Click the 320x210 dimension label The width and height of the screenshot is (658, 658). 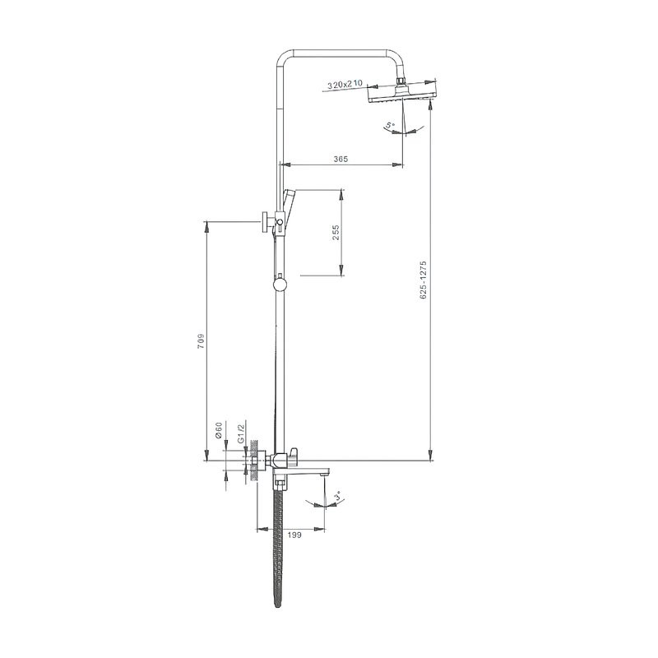pos(344,84)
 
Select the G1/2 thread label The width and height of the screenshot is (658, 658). pos(240,434)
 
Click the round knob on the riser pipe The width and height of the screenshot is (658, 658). pos(280,285)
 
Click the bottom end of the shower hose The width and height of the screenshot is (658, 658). pos(277,609)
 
